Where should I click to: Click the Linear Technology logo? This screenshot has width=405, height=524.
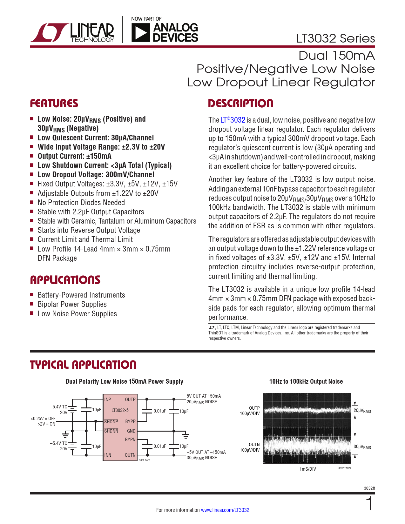72,33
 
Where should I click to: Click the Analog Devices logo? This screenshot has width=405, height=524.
165,33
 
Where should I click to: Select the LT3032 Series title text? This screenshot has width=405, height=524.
335,38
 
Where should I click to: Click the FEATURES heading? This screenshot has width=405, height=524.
54,104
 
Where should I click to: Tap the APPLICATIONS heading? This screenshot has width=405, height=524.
65,280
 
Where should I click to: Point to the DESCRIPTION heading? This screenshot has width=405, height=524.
240,104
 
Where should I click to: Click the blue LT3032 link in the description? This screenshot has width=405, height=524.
233,120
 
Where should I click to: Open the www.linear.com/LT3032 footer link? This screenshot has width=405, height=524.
225,510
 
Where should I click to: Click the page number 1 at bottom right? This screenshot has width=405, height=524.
370,504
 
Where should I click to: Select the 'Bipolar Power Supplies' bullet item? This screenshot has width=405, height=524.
72,304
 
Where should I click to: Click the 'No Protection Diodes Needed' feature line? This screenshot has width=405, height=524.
81,203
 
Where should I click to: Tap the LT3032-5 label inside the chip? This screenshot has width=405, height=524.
120,410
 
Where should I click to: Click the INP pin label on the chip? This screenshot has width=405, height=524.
108,400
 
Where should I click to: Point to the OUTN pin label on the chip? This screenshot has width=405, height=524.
130,455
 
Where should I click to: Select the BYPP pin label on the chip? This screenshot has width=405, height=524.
130,421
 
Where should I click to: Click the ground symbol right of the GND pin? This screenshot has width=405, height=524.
186,434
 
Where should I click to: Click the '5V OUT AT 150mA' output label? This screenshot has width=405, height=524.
204,396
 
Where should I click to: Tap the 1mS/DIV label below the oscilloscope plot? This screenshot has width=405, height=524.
307,469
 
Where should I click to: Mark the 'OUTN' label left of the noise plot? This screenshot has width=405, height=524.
254,445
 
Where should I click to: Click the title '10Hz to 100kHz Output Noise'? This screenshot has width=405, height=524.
306,381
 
